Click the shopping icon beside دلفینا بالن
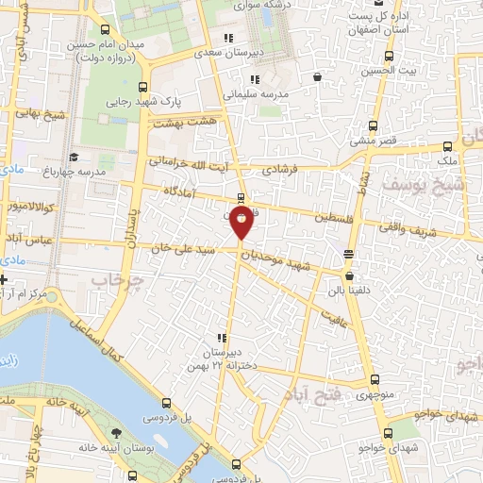[351, 277]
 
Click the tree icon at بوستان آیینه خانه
[114, 432]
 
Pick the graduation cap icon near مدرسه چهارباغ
[74, 157]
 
